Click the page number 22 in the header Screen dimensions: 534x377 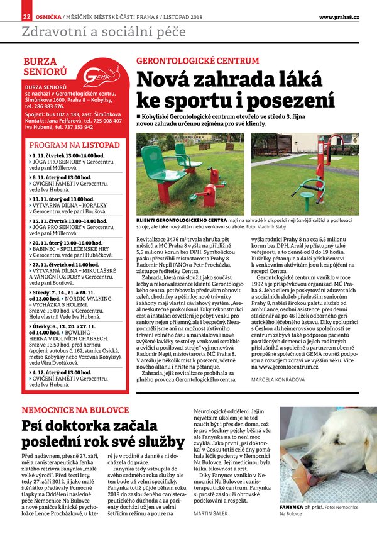(26, 16)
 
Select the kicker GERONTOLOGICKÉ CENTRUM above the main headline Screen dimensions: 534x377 (197, 61)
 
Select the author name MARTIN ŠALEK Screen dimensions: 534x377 (212, 513)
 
